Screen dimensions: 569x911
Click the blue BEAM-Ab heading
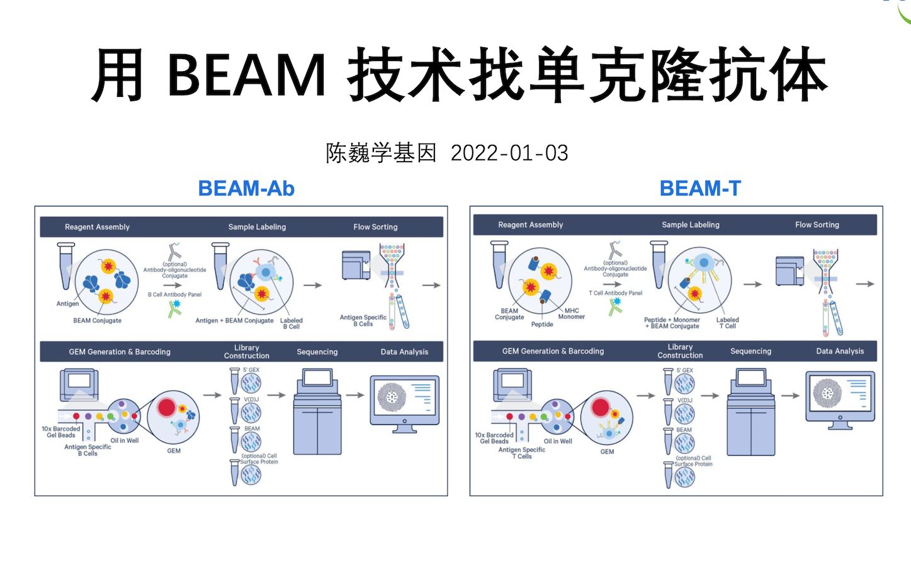pos(246,188)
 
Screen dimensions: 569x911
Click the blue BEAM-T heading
pos(700,188)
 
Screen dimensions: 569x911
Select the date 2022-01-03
pos(509,153)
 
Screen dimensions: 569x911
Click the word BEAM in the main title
pos(246,76)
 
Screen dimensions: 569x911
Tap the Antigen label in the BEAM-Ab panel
pos(67,303)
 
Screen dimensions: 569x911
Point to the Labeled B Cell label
pos(291,324)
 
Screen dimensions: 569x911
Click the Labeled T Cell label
pos(727,323)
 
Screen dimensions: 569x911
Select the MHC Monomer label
pos(571,313)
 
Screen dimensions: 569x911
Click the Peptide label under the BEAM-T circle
pos(541,324)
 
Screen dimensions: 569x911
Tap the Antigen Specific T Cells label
pos(522,453)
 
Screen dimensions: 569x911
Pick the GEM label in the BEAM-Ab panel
pos(174,451)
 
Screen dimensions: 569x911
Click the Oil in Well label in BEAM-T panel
pos(558,441)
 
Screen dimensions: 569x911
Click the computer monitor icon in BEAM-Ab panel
pos(404,403)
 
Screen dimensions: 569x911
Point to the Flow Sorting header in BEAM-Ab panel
pos(375,227)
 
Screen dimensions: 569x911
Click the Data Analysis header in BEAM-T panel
pos(840,351)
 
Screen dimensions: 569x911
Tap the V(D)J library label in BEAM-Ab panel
pos(251,399)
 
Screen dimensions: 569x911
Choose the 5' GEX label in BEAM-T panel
pos(684,370)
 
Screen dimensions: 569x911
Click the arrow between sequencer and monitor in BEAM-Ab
pos(355,395)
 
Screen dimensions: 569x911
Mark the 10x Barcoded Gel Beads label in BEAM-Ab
pos(61,432)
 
